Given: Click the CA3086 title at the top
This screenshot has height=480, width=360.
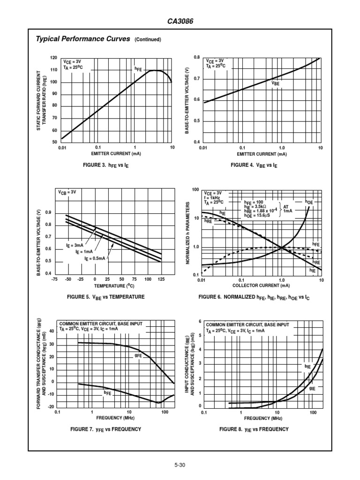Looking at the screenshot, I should pos(180,22).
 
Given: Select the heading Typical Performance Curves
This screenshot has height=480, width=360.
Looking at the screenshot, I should pos(83,39).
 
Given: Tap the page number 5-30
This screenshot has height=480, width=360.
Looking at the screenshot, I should pos(180,465).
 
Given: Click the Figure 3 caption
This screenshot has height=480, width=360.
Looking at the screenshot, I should pos(114,165).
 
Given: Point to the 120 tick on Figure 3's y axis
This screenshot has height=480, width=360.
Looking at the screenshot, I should pos(53,58).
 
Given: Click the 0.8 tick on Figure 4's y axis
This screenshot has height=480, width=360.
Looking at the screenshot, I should pos(197,57).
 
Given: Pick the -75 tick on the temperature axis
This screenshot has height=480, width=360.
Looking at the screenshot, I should pos(54,279).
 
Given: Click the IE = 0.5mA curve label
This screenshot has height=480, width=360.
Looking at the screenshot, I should pos(95,258).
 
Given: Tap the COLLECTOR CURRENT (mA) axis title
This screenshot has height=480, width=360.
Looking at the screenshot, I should pos(261,285).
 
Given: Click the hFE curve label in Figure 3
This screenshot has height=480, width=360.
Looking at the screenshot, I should pos(138,69).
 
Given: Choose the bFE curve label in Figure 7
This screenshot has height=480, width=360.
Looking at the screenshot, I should pos(107,392).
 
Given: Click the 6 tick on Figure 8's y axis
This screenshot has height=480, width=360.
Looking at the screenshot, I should pos(200,322).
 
